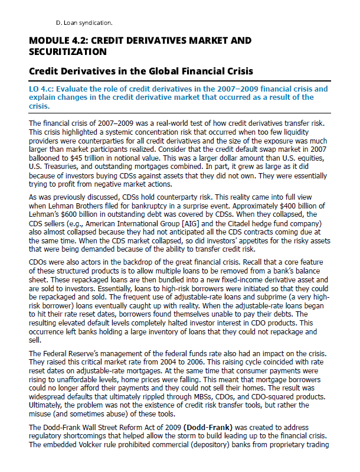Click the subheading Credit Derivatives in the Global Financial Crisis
(x=141, y=71)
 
